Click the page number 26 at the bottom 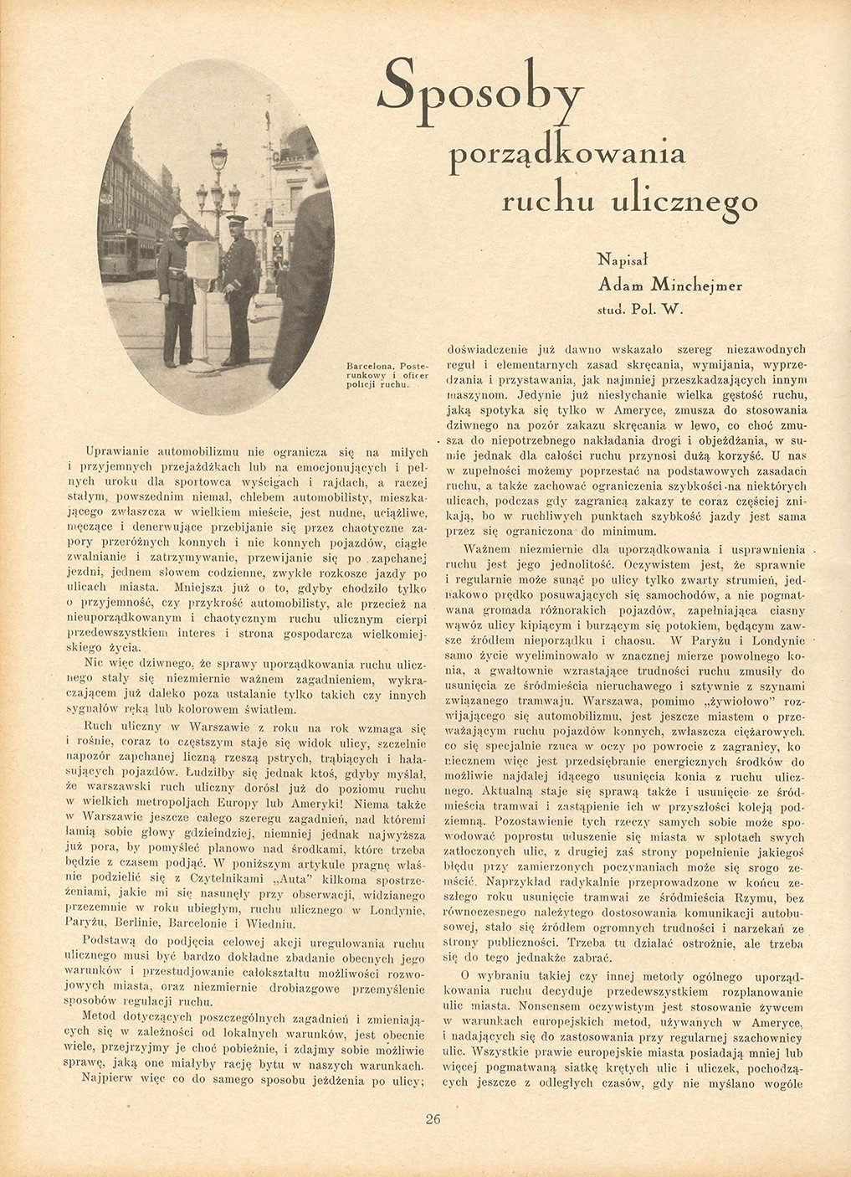click(433, 1120)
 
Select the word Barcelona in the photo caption click(370, 367)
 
